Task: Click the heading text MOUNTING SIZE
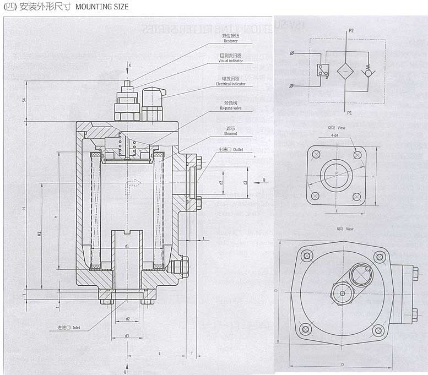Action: coord(101,7)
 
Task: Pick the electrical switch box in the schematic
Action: coord(323,70)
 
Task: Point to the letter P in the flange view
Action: coord(337,172)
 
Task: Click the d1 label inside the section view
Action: coord(127,246)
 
